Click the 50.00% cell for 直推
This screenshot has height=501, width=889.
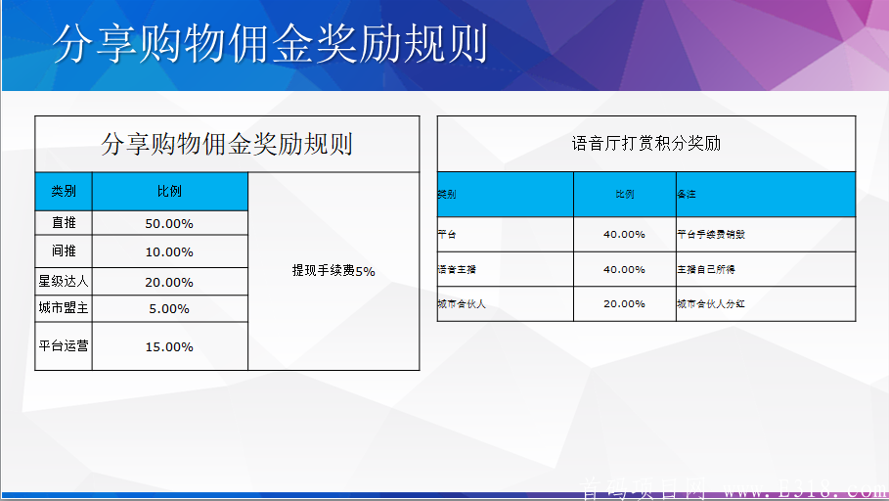tap(169, 224)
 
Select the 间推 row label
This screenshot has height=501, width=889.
tap(64, 251)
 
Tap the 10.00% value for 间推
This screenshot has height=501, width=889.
tap(169, 252)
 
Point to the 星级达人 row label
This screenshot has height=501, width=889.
tap(64, 282)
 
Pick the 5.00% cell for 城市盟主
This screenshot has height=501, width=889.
tap(169, 309)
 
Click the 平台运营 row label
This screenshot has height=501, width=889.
tap(64, 346)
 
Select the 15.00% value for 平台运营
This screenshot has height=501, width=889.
tap(169, 347)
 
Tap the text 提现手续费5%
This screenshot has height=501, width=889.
tap(333, 271)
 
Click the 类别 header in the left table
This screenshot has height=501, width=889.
tap(64, 192)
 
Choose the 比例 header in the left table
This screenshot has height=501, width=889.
tap(169, 192)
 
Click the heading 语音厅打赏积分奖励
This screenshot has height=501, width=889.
tap(645, 144)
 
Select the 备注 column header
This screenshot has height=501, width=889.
tap(687, 195)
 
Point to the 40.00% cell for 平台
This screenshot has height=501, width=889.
tap(624, 235)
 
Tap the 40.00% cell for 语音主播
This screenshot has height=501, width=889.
tap(624, 269)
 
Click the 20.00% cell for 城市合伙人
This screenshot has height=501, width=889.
tap(624, 304)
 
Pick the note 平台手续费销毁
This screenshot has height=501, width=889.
tap(711, 235)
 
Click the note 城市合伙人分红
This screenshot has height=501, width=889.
tap(711, 304)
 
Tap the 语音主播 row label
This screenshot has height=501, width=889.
tap(458, 269)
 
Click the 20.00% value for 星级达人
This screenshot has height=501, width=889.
tap(169, 282)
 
